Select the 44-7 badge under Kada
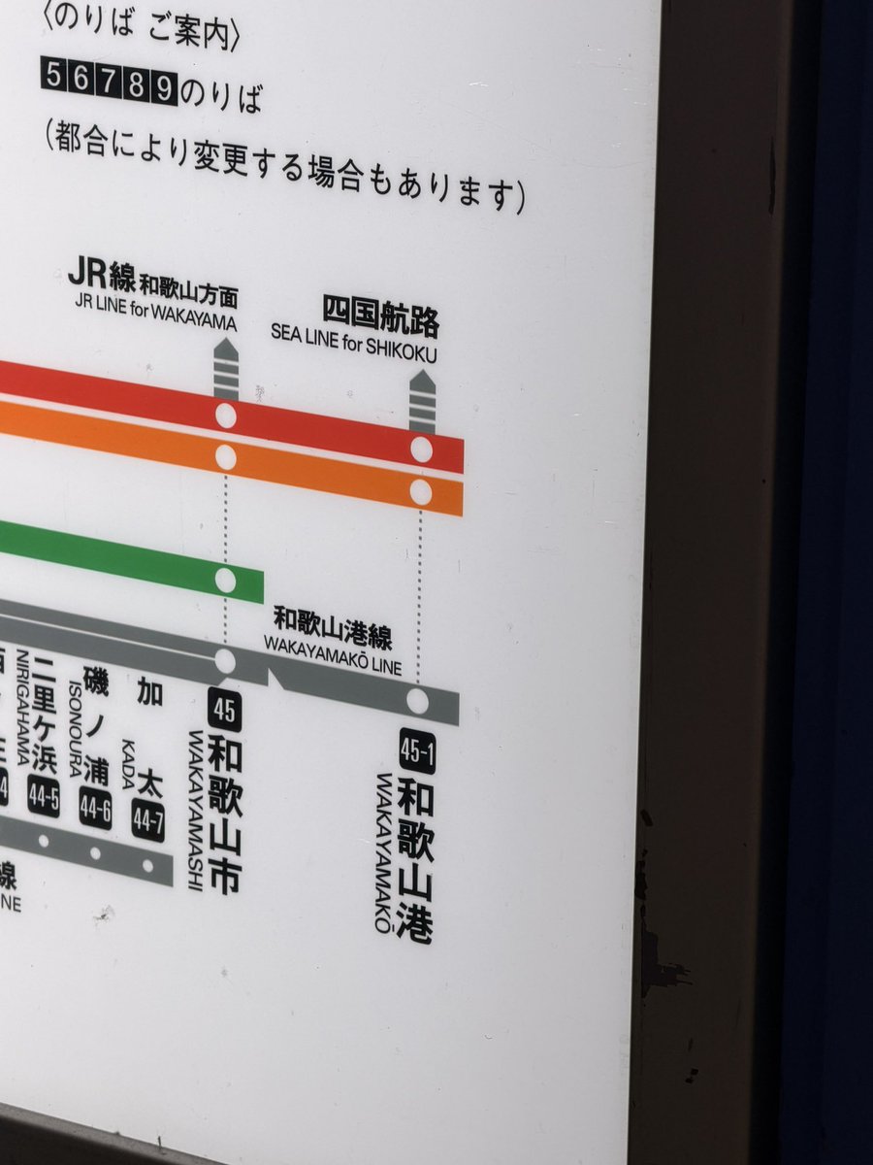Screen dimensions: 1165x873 click(147, 821)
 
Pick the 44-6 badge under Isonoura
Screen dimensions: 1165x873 click(95, 810)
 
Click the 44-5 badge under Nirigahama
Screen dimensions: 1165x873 click(43, 798)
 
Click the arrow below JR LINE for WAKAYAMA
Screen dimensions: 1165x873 click(225, 369)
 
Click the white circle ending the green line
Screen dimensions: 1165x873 click(225, 581)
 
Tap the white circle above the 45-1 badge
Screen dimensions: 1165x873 click(418, 701)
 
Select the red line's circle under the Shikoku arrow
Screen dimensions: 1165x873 click(421, 449)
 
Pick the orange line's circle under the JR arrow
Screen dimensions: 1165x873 click(226, 457)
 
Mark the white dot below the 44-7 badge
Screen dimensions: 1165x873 click(147, 864)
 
